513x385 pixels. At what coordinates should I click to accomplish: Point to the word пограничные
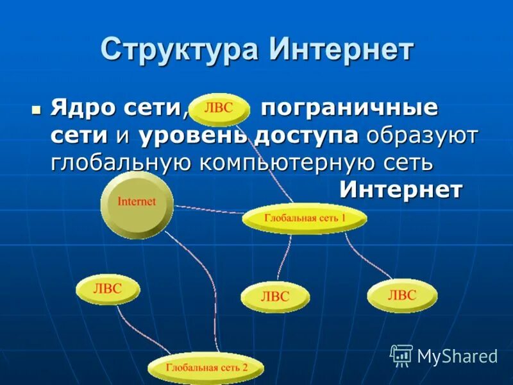pos(349,108)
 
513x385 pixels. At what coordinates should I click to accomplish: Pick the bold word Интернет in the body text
pos(401,189)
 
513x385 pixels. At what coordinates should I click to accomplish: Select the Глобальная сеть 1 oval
pos(305,219)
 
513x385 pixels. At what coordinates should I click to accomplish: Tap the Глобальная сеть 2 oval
pos(206,368)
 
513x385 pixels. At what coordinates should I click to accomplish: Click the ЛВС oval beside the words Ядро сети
pos(219,107)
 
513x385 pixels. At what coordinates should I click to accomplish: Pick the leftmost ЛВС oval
pos(108,290)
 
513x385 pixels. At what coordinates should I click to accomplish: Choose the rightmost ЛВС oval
pos(402,295)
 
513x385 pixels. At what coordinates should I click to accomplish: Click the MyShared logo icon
pos(401,354)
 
